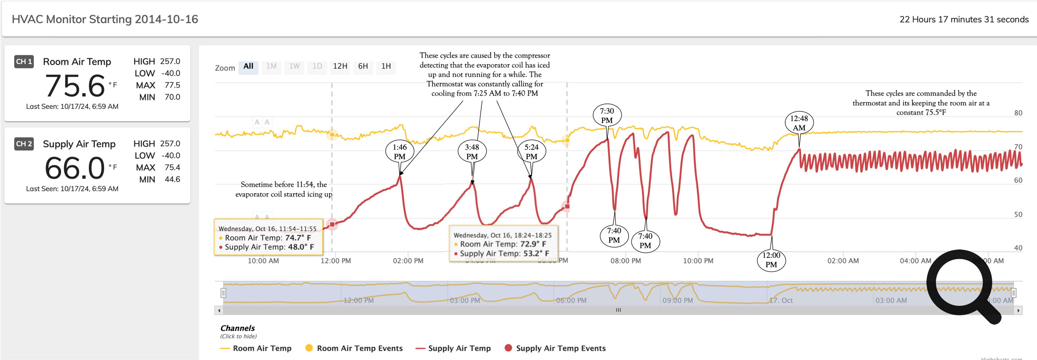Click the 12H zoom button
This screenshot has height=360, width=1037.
point(340,66)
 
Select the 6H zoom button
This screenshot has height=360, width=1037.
point(363,66)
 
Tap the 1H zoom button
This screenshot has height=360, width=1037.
point(386,66)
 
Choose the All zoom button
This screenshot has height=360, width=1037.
point(248,66)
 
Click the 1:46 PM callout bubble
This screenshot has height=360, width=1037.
point(399,152)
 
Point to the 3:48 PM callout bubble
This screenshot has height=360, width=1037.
point(472,152)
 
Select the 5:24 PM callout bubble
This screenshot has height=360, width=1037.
point(531,152)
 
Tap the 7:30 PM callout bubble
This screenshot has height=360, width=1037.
point(607,115)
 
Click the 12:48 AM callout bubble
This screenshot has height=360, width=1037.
point(799,123)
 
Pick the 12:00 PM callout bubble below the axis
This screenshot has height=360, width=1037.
point(771,260)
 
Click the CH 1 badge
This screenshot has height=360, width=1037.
point(24,61)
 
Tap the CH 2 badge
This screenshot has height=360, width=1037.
point(24,144)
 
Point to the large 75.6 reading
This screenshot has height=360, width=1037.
point(75,86)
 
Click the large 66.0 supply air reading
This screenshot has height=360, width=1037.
point(75,168)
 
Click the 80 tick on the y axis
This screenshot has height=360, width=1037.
point(1018,113)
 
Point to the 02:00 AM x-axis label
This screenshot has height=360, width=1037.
point(843,261)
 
